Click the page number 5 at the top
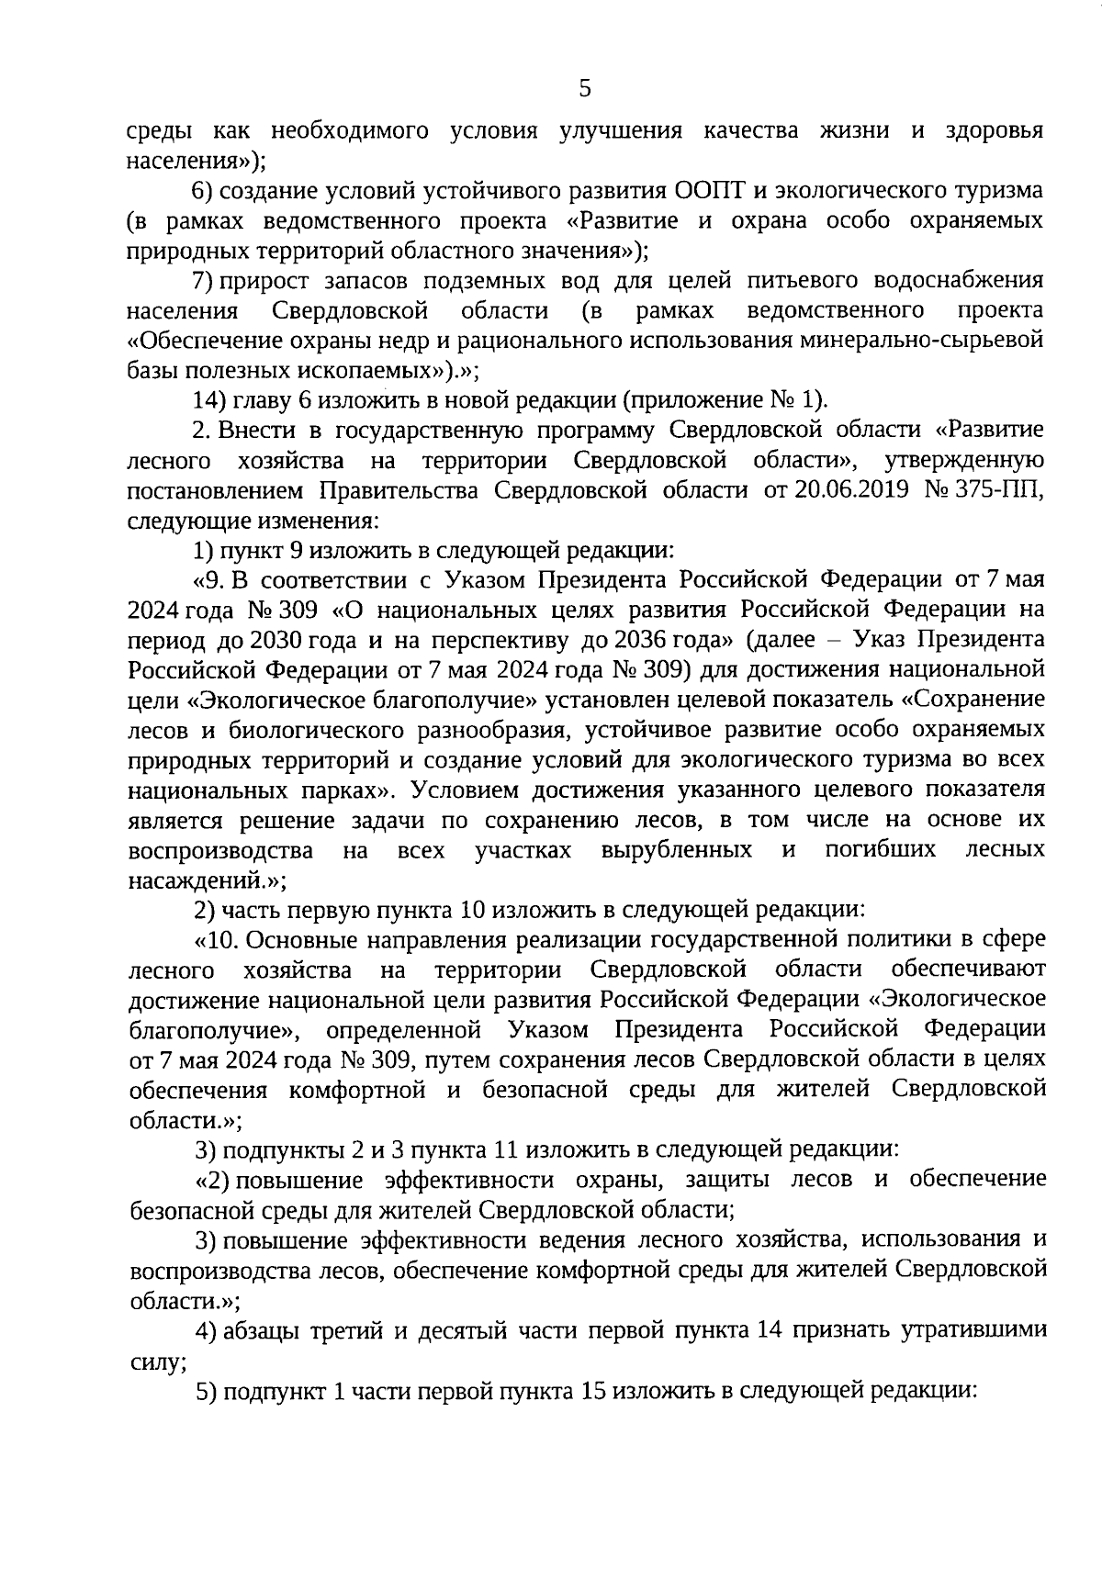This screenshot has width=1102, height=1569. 585,89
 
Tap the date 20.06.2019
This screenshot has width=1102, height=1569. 841,490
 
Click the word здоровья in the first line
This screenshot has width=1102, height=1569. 994,131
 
